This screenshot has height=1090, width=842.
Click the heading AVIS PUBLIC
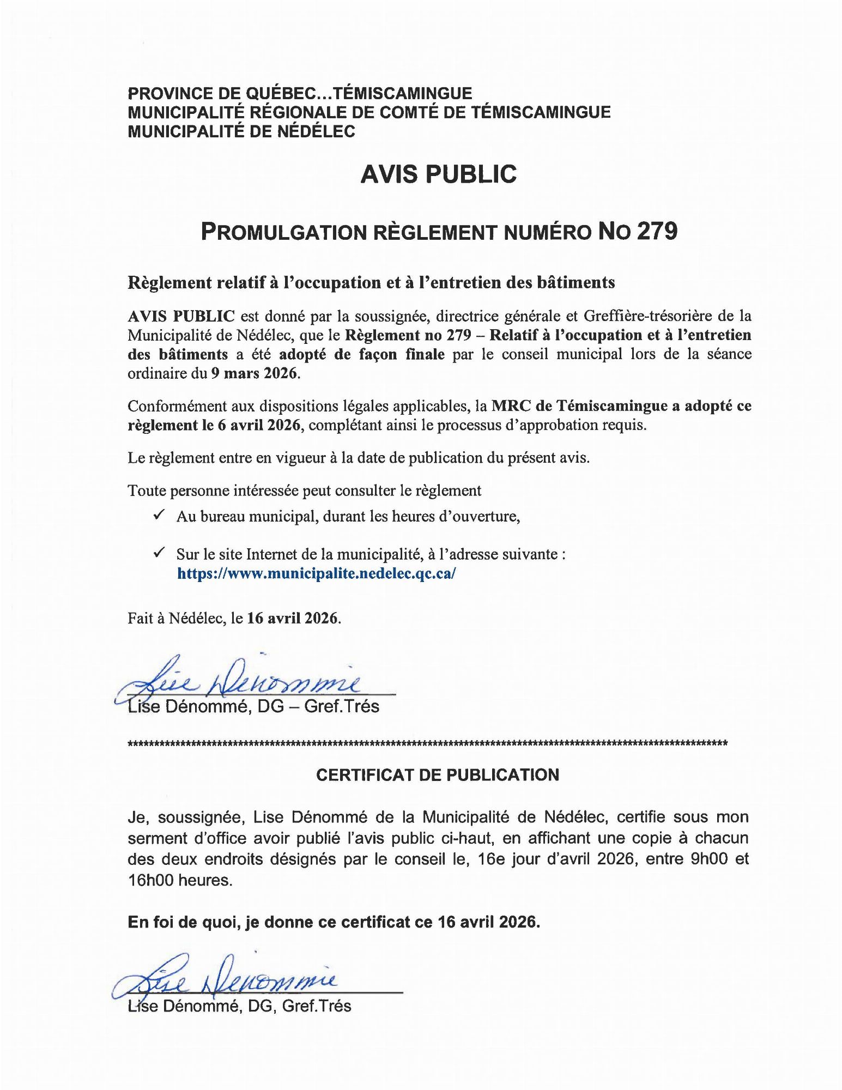tap(438, 174)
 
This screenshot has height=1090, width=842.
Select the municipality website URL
tap(316, 573)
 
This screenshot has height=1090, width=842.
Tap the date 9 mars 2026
tap(255, 374)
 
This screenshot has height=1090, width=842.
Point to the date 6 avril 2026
tap(259, 425)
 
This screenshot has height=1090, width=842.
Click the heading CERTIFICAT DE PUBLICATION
tap(438, 775)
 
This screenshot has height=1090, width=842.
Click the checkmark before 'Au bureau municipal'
tap(160, 515)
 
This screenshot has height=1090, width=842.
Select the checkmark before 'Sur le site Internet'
tap(160, 553)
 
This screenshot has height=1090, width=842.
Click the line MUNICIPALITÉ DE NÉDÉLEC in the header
tap(241, 131)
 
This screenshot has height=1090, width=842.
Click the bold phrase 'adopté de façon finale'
tap(362, 355)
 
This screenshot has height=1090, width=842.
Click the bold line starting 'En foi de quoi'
tap(334, 922)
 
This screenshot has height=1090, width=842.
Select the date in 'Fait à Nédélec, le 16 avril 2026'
tap(293, 619)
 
